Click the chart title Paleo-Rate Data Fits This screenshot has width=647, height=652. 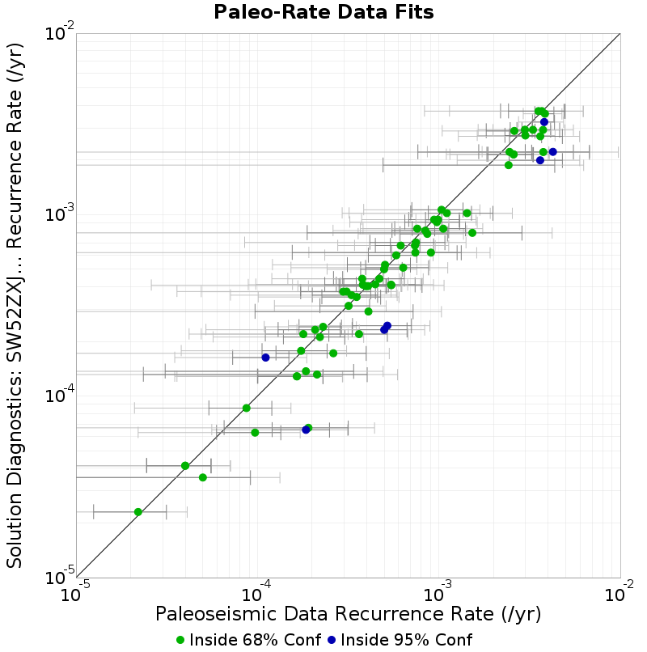[323, 12]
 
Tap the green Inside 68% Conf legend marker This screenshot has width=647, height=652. [180, 640]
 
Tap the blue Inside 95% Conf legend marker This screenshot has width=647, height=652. [332, 640]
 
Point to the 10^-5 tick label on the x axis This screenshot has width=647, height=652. [75, 591]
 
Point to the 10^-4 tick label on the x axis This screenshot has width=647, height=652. [256, 591]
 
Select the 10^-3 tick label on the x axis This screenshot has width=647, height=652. [438, 591]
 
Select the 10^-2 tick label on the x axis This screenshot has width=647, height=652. [620, 591]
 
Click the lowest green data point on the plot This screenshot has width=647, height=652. [138, 512]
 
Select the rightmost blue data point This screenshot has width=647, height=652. [552, 152]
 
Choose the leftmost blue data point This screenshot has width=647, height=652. [266, 358]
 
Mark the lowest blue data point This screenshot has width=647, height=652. [306, 430]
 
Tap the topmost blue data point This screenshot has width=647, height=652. [543, 122]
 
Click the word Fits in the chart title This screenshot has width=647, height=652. [414, 12]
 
